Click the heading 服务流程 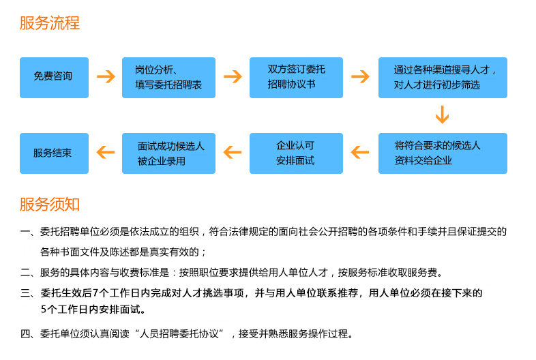coord(49,23)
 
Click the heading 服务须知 coord(49,204)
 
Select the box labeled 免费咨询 coord(54,77)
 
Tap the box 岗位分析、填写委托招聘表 coord(168,77)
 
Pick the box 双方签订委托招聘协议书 coord(297,77)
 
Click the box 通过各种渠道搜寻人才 coord(443,77)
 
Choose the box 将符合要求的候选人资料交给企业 coord(443,153)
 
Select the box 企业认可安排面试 coord(297,153)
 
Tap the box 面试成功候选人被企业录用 coord(168,153)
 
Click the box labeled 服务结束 coord(54,153)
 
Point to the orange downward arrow coord(443,115)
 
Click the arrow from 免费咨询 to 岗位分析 coord(106,76)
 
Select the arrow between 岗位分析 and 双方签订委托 coord(233,76)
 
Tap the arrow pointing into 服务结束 coord(105,152)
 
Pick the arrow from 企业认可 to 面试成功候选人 coord(233,152)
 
